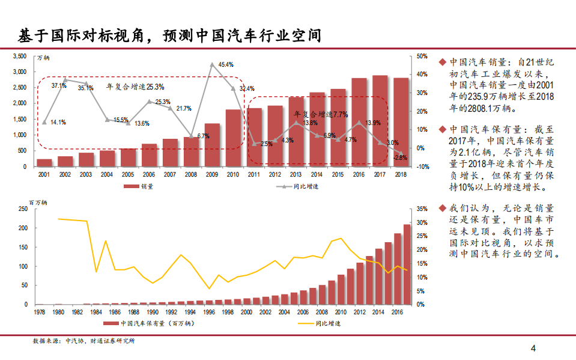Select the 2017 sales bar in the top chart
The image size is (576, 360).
pyautogui.click(x=380, y=121)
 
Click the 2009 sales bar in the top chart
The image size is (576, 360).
pyautogui.click(x=212, y=145)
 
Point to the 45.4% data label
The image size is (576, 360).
pyautogui.click(x=226, y=64)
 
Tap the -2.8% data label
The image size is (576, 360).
pyautogui.click(x=400, y=157)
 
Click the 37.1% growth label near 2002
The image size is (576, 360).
pyautogui.click(x=59, y=85)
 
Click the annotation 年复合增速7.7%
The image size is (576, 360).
pyautogui.click(x=321, y=114)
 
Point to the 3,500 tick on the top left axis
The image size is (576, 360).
pyautogui.click(x=20, y=56)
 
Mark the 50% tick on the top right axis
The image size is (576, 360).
pyautogui.click(x=422, y=56)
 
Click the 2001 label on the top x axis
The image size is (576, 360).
pyautogui.click(x=44, y=174)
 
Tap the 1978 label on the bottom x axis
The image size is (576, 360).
pyautogui.click(x=39, y=313)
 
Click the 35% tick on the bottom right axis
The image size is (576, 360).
pyautogui.click(x=422, y=209)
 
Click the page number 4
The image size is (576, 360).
pyautogui.click(x=533, y=348)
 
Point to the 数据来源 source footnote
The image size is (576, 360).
pyautogui.click(x=84, y=341)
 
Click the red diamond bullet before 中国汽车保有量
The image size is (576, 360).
pyautogui.click(x=442, y=130)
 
